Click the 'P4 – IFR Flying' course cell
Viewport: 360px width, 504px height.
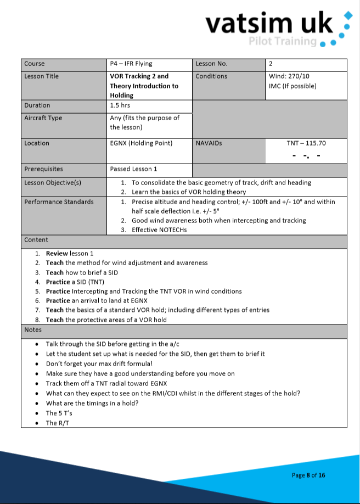pos(131,64)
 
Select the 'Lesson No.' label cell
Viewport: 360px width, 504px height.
pos(211,64)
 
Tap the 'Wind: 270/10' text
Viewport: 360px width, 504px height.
pos(289,76)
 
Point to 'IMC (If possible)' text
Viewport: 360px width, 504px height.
pos(292,86)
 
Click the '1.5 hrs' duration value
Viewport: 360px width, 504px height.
pos(120,105)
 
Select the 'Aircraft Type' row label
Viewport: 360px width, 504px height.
pos(43,118)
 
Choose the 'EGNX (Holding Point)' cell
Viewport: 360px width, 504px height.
pos(141,143)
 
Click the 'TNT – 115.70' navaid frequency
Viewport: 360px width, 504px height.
pos(306,143)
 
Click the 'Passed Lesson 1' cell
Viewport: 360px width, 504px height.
pos(133,169)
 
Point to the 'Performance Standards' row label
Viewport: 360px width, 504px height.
pos(59,202)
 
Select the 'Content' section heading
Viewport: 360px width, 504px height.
pos(36,240)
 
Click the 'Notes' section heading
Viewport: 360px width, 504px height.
pos(33,330)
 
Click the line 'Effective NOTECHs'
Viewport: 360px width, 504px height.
pos(159,229)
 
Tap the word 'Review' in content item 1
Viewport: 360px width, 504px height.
pos(57,254)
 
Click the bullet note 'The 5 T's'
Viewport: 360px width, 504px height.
pos(59,413)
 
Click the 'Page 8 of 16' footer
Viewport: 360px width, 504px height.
pos(308,475)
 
